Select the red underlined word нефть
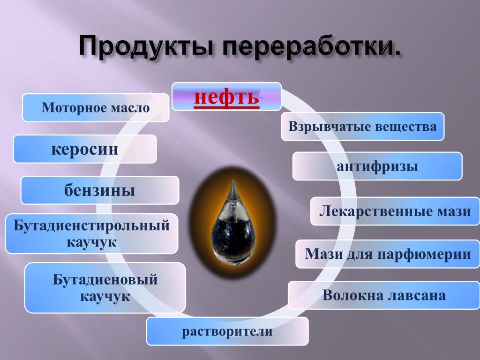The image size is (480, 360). [226, 97]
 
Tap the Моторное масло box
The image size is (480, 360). [96, 108]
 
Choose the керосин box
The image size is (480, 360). [85, 149]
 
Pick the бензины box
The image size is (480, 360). [100, 190]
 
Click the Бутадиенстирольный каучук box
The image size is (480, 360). [92, 233]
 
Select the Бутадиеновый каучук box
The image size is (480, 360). [105, 288]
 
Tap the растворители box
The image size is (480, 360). [227, 331]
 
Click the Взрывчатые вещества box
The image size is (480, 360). [362, 127]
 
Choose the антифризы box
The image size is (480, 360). [377, 166]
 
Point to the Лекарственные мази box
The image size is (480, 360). [395, 211]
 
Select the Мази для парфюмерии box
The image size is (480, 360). [388, 254]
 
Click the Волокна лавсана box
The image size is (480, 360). [384, 295]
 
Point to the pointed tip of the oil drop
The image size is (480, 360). [233, 180]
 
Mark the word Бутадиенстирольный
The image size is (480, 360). [91, 226]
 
